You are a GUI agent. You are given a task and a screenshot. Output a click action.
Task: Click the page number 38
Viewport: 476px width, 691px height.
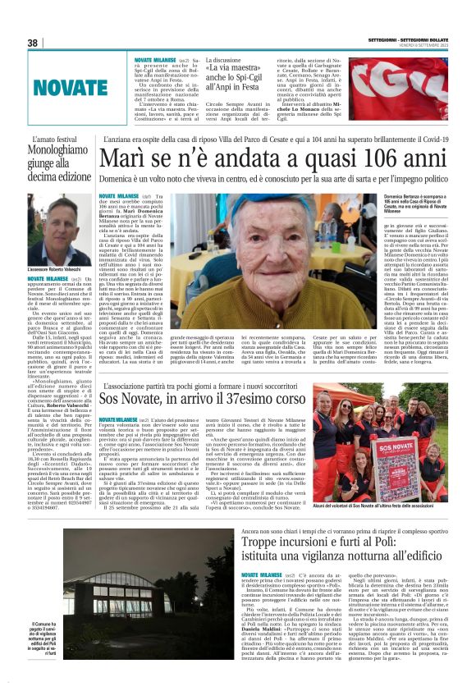pyautogui.click(x=33, y=43)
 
